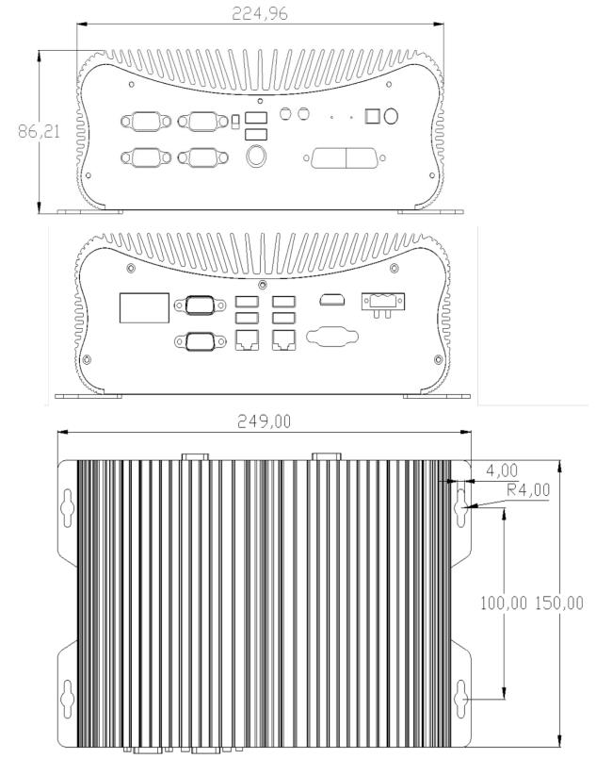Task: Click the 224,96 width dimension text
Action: coord(260,12)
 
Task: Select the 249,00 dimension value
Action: coord(263,421)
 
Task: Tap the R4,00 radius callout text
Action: coord(529,489)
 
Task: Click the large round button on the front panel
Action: coord(255,157)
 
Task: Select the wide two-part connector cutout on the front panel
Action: coord(345,158)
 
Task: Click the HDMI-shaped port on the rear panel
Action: coord(330,302)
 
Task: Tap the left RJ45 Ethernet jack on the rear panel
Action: coord(247,341)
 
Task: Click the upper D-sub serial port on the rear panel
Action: coord(200,305)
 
